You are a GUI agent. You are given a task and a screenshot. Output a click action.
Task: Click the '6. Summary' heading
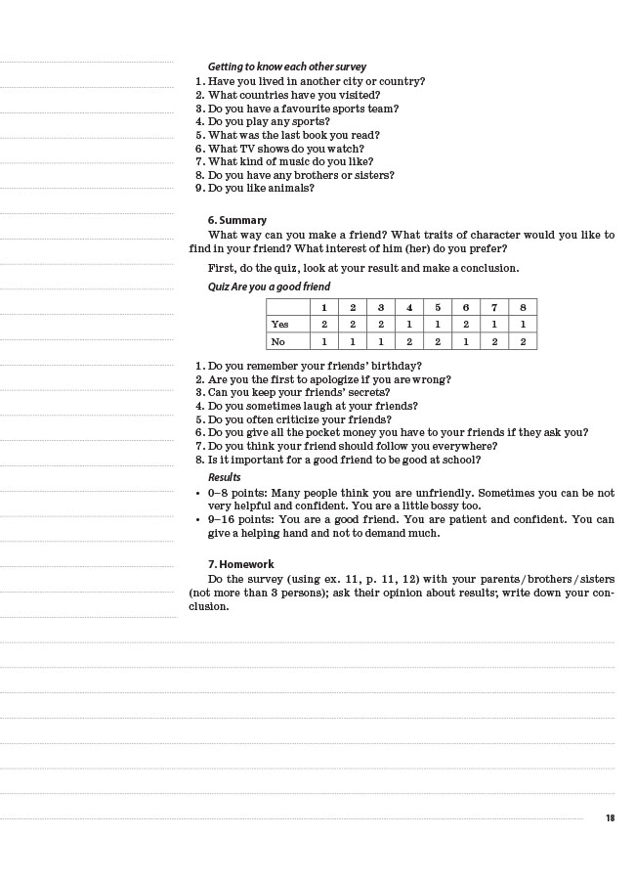(236, 220)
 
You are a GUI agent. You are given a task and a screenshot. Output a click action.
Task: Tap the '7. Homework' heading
(240, 564)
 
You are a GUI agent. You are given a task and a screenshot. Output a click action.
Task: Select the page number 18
(611, 818)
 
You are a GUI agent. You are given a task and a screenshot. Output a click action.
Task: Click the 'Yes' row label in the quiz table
(280, 324)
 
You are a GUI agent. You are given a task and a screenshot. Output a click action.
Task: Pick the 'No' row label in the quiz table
(278, 341)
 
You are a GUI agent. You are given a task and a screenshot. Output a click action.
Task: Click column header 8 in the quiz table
(523, 307)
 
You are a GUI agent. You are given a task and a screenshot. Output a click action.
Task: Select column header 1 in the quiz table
(324, 307)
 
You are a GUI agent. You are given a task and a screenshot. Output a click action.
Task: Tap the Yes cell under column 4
(409, 324)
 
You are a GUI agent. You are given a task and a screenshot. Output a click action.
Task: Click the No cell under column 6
(466, 341)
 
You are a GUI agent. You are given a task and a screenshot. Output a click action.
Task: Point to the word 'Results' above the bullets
(224, 477)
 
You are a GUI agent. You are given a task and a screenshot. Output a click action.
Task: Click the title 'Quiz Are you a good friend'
(269, 286)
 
